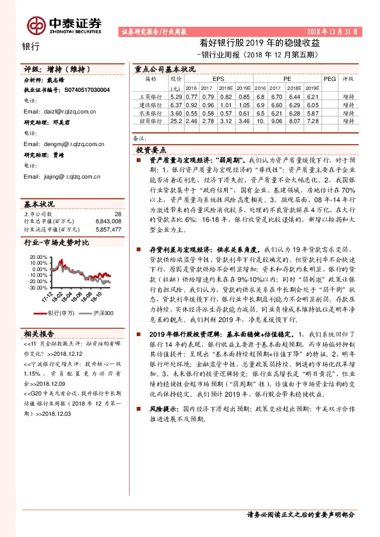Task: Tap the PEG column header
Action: pyautogui.click(x=329, y=79)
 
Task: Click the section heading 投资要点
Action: pyautogui.click(x=151, y=149)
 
